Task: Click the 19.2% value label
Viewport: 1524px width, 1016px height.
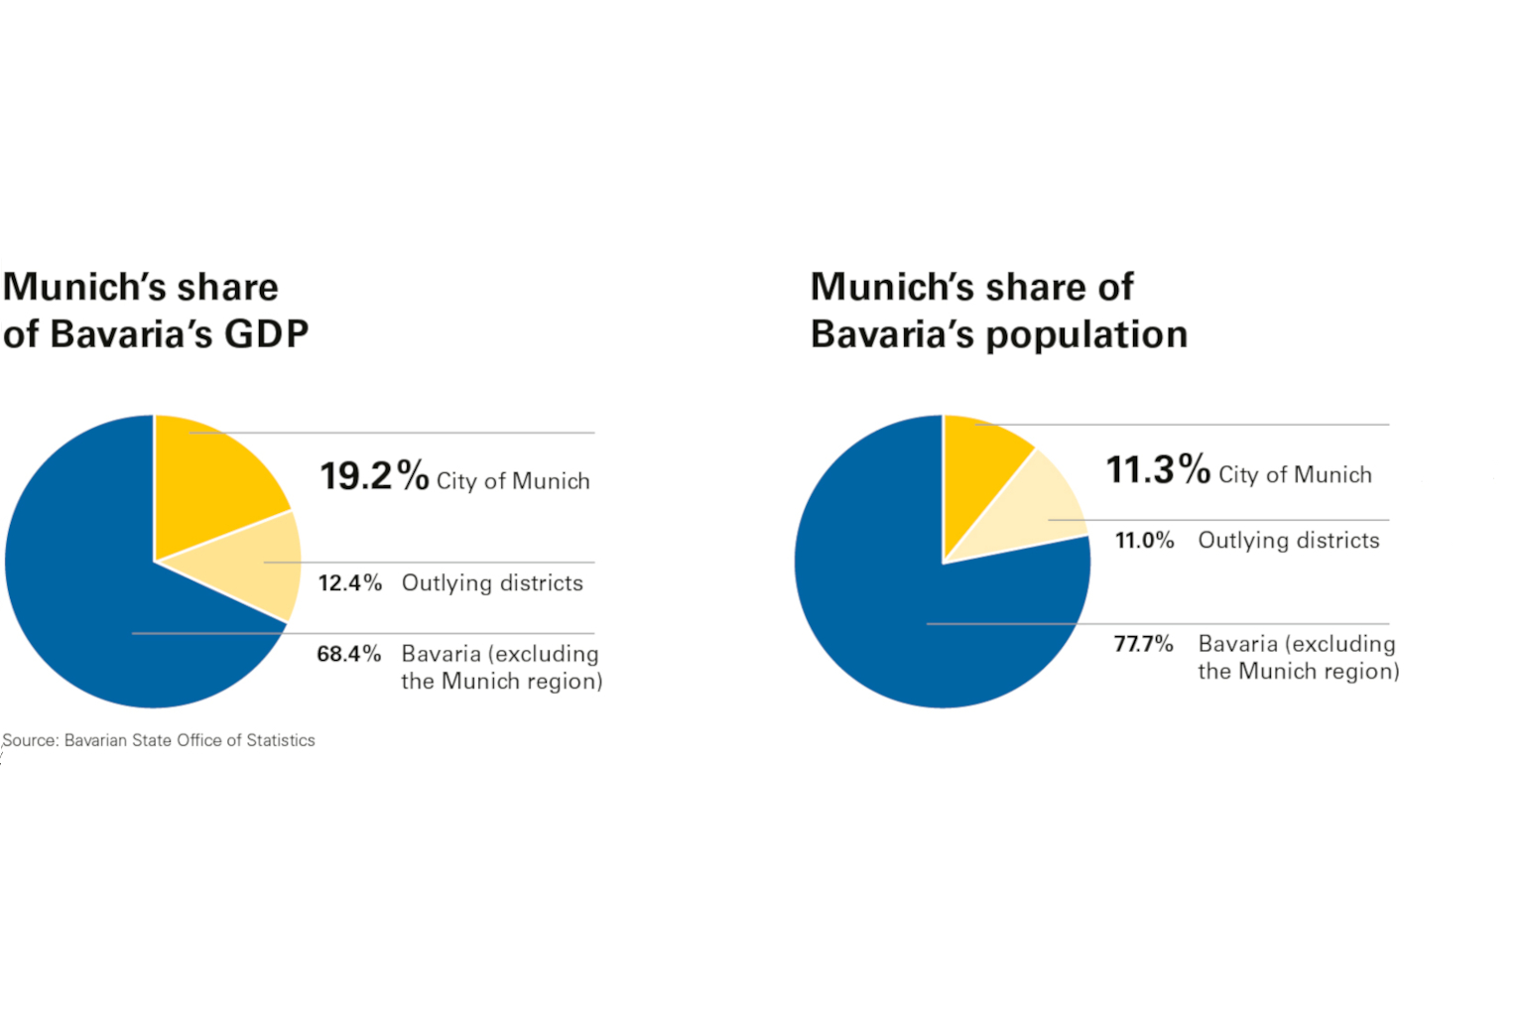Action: (373, 476)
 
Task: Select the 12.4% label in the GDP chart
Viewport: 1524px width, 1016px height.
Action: (349, 583)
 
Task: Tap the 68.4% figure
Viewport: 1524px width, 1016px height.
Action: (348, 654)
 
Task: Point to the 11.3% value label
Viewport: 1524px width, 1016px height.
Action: (1157, 470)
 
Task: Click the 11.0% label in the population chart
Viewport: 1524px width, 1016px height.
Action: (1144, 541)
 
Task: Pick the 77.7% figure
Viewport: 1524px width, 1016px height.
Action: (1143, 644)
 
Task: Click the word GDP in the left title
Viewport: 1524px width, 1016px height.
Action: (266, 334)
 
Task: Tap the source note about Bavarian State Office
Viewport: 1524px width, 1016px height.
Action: (159, 740)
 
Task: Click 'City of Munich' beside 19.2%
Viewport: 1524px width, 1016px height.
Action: (513, 481)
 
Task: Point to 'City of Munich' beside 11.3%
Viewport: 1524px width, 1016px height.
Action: (1295, 475)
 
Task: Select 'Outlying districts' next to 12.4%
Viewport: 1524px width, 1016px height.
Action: (492, 583)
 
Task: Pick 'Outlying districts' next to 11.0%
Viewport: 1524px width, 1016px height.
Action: (1288, 541)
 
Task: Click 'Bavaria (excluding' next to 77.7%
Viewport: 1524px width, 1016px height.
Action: (1296, 644)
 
